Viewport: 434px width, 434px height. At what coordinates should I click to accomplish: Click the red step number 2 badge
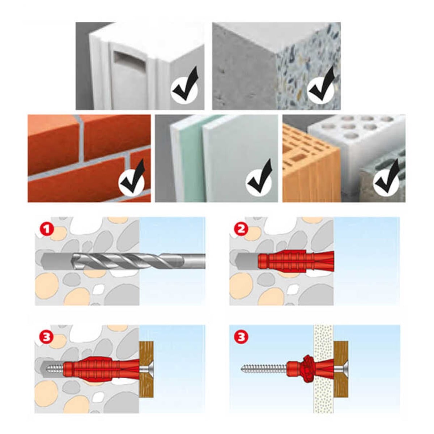coord(241,230)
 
